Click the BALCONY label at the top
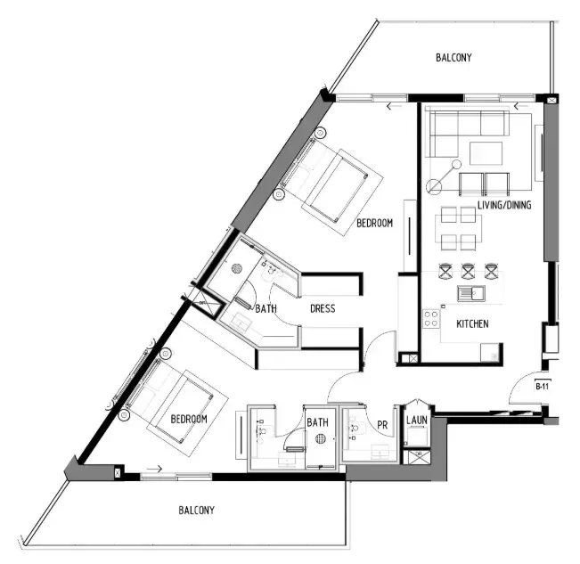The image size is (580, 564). (x=453, y=58)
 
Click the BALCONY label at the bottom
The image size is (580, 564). (x=196, y=511)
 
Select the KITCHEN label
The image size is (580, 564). (x=471, y=324)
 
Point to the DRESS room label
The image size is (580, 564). (x=323, y=309)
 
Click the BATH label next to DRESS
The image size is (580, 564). (x=266, y=309)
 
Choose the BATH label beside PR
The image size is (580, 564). (x=318, y=422)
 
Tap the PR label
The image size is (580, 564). (x=382, y=424)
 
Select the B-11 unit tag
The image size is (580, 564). (x=541, y=387)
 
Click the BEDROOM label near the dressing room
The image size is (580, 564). (x=374, y=224)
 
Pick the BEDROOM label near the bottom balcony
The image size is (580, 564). (x=189, y=419)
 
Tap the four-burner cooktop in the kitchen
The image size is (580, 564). (x=432, y=318)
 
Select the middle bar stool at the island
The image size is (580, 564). (x=468, y=270)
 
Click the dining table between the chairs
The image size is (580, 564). (x=458, y=228)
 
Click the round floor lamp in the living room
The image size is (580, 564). (x=434, y=186)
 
